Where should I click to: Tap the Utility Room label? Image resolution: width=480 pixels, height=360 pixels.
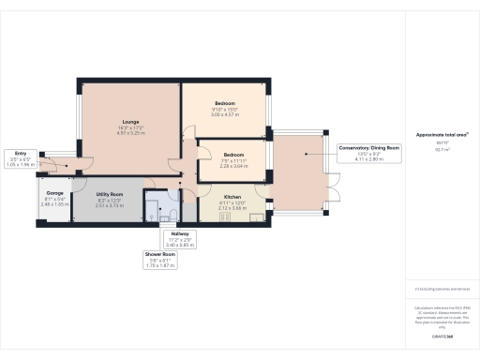pos(110,196)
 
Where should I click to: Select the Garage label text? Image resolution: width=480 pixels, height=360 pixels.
pos(54,194)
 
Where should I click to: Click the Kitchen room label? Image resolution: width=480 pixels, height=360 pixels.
pos(232,198)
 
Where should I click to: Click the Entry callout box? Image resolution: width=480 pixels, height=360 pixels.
pos(20,157)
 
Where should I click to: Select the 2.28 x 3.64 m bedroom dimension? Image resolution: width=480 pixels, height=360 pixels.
pos(233,166)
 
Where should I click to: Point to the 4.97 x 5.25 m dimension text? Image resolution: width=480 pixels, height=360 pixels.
pos(130,133)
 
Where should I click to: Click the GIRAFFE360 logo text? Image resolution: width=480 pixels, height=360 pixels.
pos(442,335)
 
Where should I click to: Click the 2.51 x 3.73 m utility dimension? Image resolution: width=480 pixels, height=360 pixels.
pos(110,206)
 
